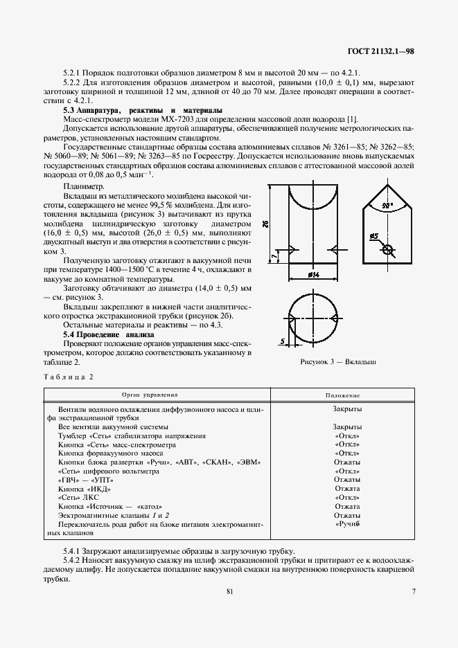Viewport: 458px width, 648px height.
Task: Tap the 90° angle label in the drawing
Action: click(386, 206)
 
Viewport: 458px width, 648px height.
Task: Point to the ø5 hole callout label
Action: click(373, 237)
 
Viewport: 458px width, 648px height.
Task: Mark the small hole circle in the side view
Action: click(387, 250)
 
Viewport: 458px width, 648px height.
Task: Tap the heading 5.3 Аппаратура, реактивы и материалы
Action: click(143, 110)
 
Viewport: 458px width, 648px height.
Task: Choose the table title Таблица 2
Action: click(68, 377)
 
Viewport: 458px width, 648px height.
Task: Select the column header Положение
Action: click(346, 394)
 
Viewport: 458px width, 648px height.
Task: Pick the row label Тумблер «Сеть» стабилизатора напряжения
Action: click(132, 436)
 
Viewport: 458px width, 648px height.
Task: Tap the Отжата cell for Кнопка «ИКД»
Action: click(346, 488)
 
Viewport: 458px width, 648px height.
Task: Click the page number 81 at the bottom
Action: click(229, 591)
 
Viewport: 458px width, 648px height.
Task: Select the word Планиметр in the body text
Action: click(83, 186)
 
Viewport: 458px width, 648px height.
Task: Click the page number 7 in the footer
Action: click(413, 591)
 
